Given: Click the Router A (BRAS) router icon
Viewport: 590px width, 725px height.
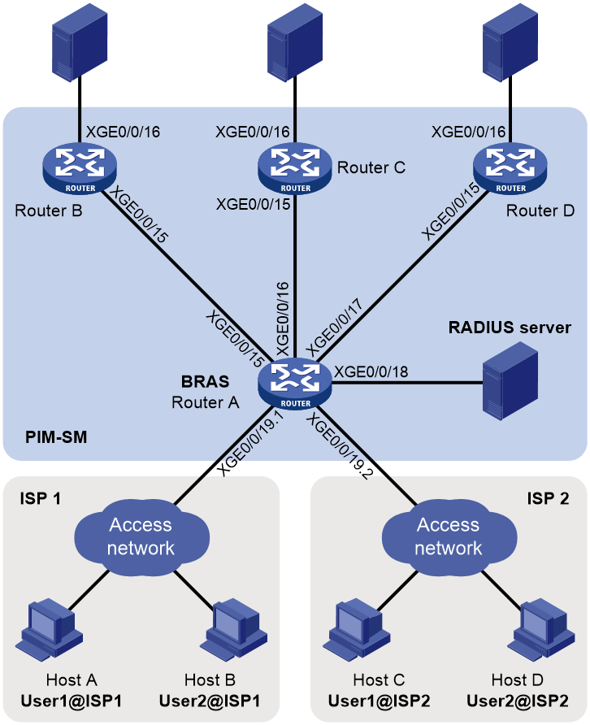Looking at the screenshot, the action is point(295,384).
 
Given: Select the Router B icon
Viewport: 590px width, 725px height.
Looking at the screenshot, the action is point(80,168).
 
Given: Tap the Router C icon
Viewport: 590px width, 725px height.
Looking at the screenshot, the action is point(295,168).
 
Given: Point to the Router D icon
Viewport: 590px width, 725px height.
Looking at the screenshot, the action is point(510,168).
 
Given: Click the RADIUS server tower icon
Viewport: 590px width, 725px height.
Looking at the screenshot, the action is point(510,380).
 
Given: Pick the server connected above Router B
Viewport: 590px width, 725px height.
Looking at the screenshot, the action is point(80,42).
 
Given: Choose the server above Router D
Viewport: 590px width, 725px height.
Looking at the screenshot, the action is point(510,42).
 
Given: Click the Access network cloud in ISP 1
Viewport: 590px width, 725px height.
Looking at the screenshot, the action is point(141,537).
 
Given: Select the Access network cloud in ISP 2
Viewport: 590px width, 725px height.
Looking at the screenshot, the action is point(449,537).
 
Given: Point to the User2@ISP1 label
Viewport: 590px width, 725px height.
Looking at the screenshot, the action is point(210,701).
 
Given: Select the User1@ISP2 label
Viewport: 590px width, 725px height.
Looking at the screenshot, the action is point(379,701).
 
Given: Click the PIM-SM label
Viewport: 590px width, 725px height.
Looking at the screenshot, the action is point(56,437).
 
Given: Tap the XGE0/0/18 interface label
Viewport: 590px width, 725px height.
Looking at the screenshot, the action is point(371,371).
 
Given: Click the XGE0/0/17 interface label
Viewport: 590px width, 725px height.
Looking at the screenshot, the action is point(334,328).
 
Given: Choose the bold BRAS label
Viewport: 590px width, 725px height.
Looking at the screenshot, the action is point(206,381).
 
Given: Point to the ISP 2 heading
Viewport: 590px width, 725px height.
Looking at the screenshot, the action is point(548,498).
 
